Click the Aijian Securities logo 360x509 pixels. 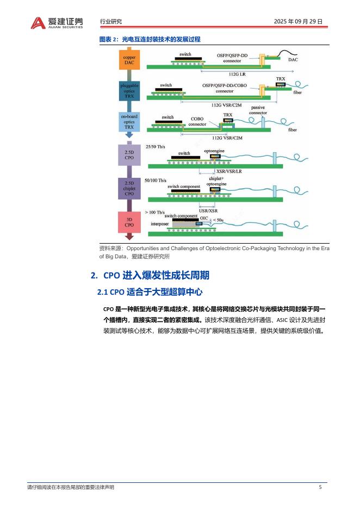click(x=57, y=22)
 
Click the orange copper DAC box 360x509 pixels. click(x=129, y=60)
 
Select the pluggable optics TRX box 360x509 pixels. click(x=129, y=91)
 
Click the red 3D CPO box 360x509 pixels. click(x=129, y=221)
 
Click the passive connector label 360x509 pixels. click(x=258, y=110)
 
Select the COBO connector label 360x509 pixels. click(x=197, y=121)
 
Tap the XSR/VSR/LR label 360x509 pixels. click(x=229, y=171)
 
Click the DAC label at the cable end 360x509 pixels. click(x=293, y=59)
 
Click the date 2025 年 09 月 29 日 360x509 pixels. click(x=299, y=22)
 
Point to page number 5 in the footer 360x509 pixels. click(x=320, y=487)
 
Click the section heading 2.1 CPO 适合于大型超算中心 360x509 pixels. click(x=150, y=292)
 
